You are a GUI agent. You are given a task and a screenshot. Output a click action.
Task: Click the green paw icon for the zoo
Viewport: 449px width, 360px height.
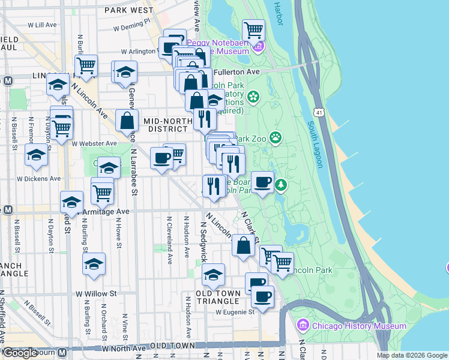click(x=276, y=138)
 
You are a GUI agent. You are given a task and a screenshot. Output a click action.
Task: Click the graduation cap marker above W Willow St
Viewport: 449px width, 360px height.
click(x=94, y=264)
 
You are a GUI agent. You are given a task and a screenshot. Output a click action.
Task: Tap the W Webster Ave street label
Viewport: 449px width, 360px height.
click(x=94, y=143)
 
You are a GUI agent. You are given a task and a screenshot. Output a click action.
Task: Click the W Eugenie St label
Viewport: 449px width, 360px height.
click(x=235, y=311)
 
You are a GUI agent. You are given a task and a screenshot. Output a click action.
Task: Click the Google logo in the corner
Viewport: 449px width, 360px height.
click(x=20, y=353)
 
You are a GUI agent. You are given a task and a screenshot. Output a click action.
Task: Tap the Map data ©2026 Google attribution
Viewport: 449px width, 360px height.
click(x=412, y=355)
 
